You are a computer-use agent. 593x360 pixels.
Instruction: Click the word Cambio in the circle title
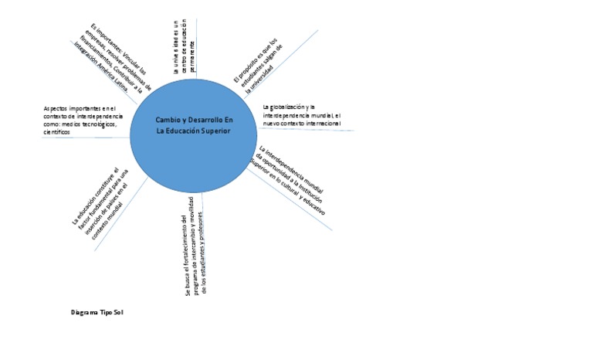pos(170,123)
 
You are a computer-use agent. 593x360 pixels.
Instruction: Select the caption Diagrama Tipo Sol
pos(97,313)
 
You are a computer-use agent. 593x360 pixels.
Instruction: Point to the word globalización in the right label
pos(286,106)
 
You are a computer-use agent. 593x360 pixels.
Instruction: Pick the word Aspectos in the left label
pos(57,108)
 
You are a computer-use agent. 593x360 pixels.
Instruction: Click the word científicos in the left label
pos(57,133)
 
